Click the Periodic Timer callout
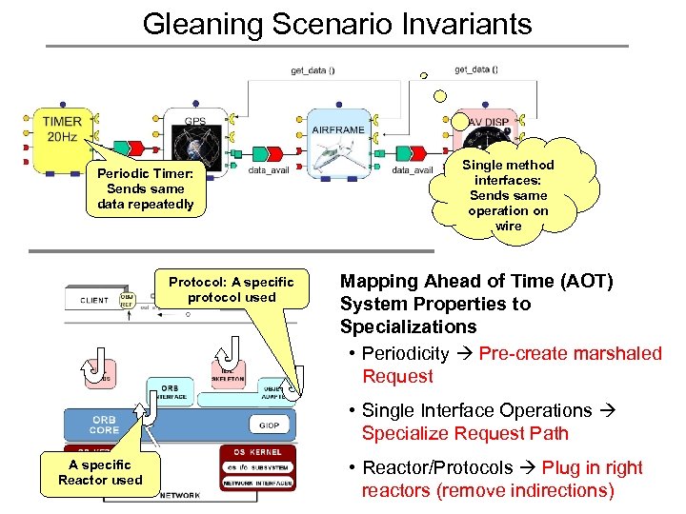tap(145, 188)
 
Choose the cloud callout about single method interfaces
tap(508, 195)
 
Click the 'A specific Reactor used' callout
tap(100, 472)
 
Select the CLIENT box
tap(94, 301)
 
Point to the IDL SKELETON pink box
tap(229, 373)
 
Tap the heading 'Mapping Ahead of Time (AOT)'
tap(476, 282)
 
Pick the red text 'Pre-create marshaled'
tap(570, 354)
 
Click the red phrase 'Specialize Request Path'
tap(464, 434)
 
